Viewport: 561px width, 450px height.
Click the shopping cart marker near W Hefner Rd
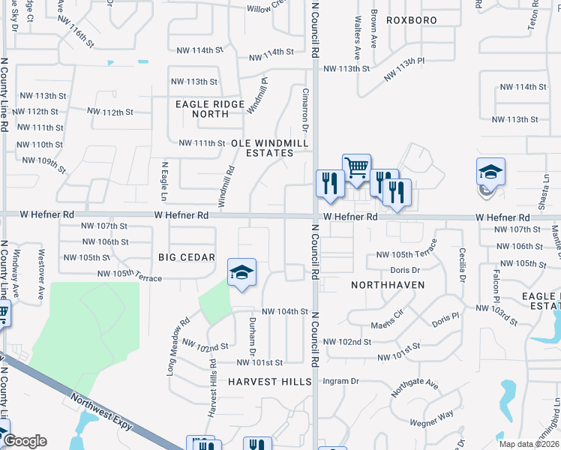point(356,167)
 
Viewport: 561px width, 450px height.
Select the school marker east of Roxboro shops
point(490,173)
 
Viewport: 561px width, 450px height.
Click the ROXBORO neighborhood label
point(412,19)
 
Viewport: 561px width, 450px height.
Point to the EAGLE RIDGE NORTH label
point(210,109)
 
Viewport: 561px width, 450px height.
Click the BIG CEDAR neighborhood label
point(187,257)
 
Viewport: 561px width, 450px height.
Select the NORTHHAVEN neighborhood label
point(388,285)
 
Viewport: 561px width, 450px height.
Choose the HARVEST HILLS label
point(270,382)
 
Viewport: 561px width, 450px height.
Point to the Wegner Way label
point(432,415)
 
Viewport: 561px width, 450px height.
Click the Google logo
point(25,441)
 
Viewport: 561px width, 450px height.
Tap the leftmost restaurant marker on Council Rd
point(330,183)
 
